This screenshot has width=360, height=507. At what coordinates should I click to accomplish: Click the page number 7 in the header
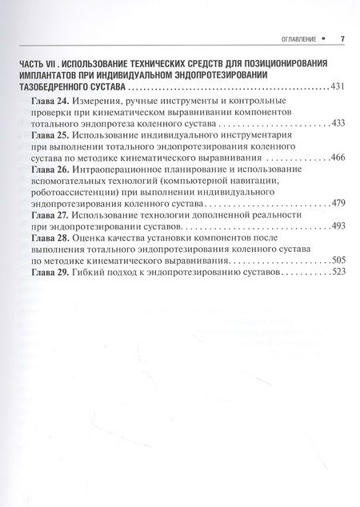pos(342,38)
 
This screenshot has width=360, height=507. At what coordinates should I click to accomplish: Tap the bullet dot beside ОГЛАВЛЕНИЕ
pos(324,38)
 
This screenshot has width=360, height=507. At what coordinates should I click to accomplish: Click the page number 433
pos(337,125)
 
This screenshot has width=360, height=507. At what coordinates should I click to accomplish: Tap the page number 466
pos(337,158)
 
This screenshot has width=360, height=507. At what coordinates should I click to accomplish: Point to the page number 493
pos(337,227)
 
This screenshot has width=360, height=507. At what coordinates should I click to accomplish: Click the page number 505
pos(337,261)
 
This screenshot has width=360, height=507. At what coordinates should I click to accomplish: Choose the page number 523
pos(337,273)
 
